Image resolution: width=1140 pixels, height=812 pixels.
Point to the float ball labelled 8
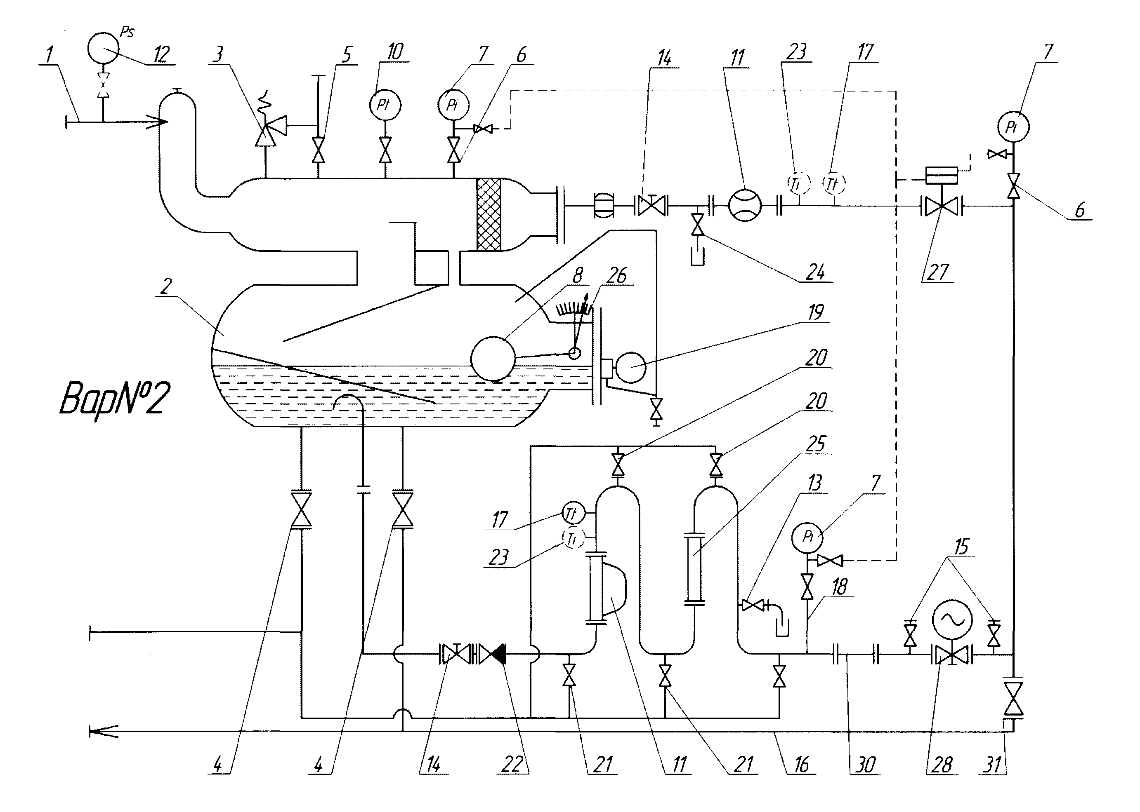[493, 359]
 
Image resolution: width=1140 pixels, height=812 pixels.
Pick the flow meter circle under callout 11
[745, 205]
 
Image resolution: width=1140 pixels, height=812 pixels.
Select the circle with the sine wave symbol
[952, 620]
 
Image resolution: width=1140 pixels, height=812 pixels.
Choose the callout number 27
[937, 272]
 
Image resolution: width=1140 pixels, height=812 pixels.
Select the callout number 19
[815, 312]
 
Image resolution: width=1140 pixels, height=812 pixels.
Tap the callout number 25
[816, 444]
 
